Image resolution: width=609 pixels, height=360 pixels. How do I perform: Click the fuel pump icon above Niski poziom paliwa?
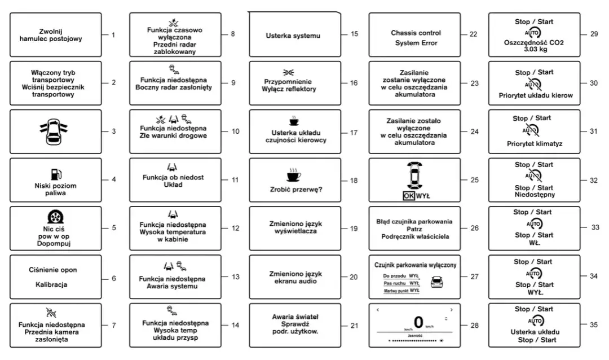pyautogui.click(x=56, y=174)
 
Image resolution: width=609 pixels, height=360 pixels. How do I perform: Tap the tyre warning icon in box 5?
pyautogui.click(x=55, y=218)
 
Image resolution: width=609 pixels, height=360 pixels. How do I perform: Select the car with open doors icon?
pyautogui.click(x=55, y=131)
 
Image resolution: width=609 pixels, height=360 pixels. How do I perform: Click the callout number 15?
pyautogui.click(x=354, y=34)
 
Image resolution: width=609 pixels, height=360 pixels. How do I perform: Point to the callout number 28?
pyautogui.click(x=474, y=326)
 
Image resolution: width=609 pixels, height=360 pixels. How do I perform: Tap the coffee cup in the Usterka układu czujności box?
pyautogui.click(x=294, y=121)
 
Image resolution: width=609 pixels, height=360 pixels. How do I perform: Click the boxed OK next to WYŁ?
pyautogui.click(x=409, y=196)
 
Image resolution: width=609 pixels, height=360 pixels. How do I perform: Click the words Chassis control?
pyautogui.click(x=416, y=33)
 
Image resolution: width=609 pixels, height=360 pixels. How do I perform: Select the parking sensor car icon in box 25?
pyautogui.click(x=416, y=176)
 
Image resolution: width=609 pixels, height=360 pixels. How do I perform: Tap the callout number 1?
pyautogui.click(x=113, y=35)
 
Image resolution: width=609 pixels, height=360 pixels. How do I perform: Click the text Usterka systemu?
pyautogui.click(x=293, y=36)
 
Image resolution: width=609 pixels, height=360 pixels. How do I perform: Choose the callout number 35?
pyautogui.click(x=593, y=324)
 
